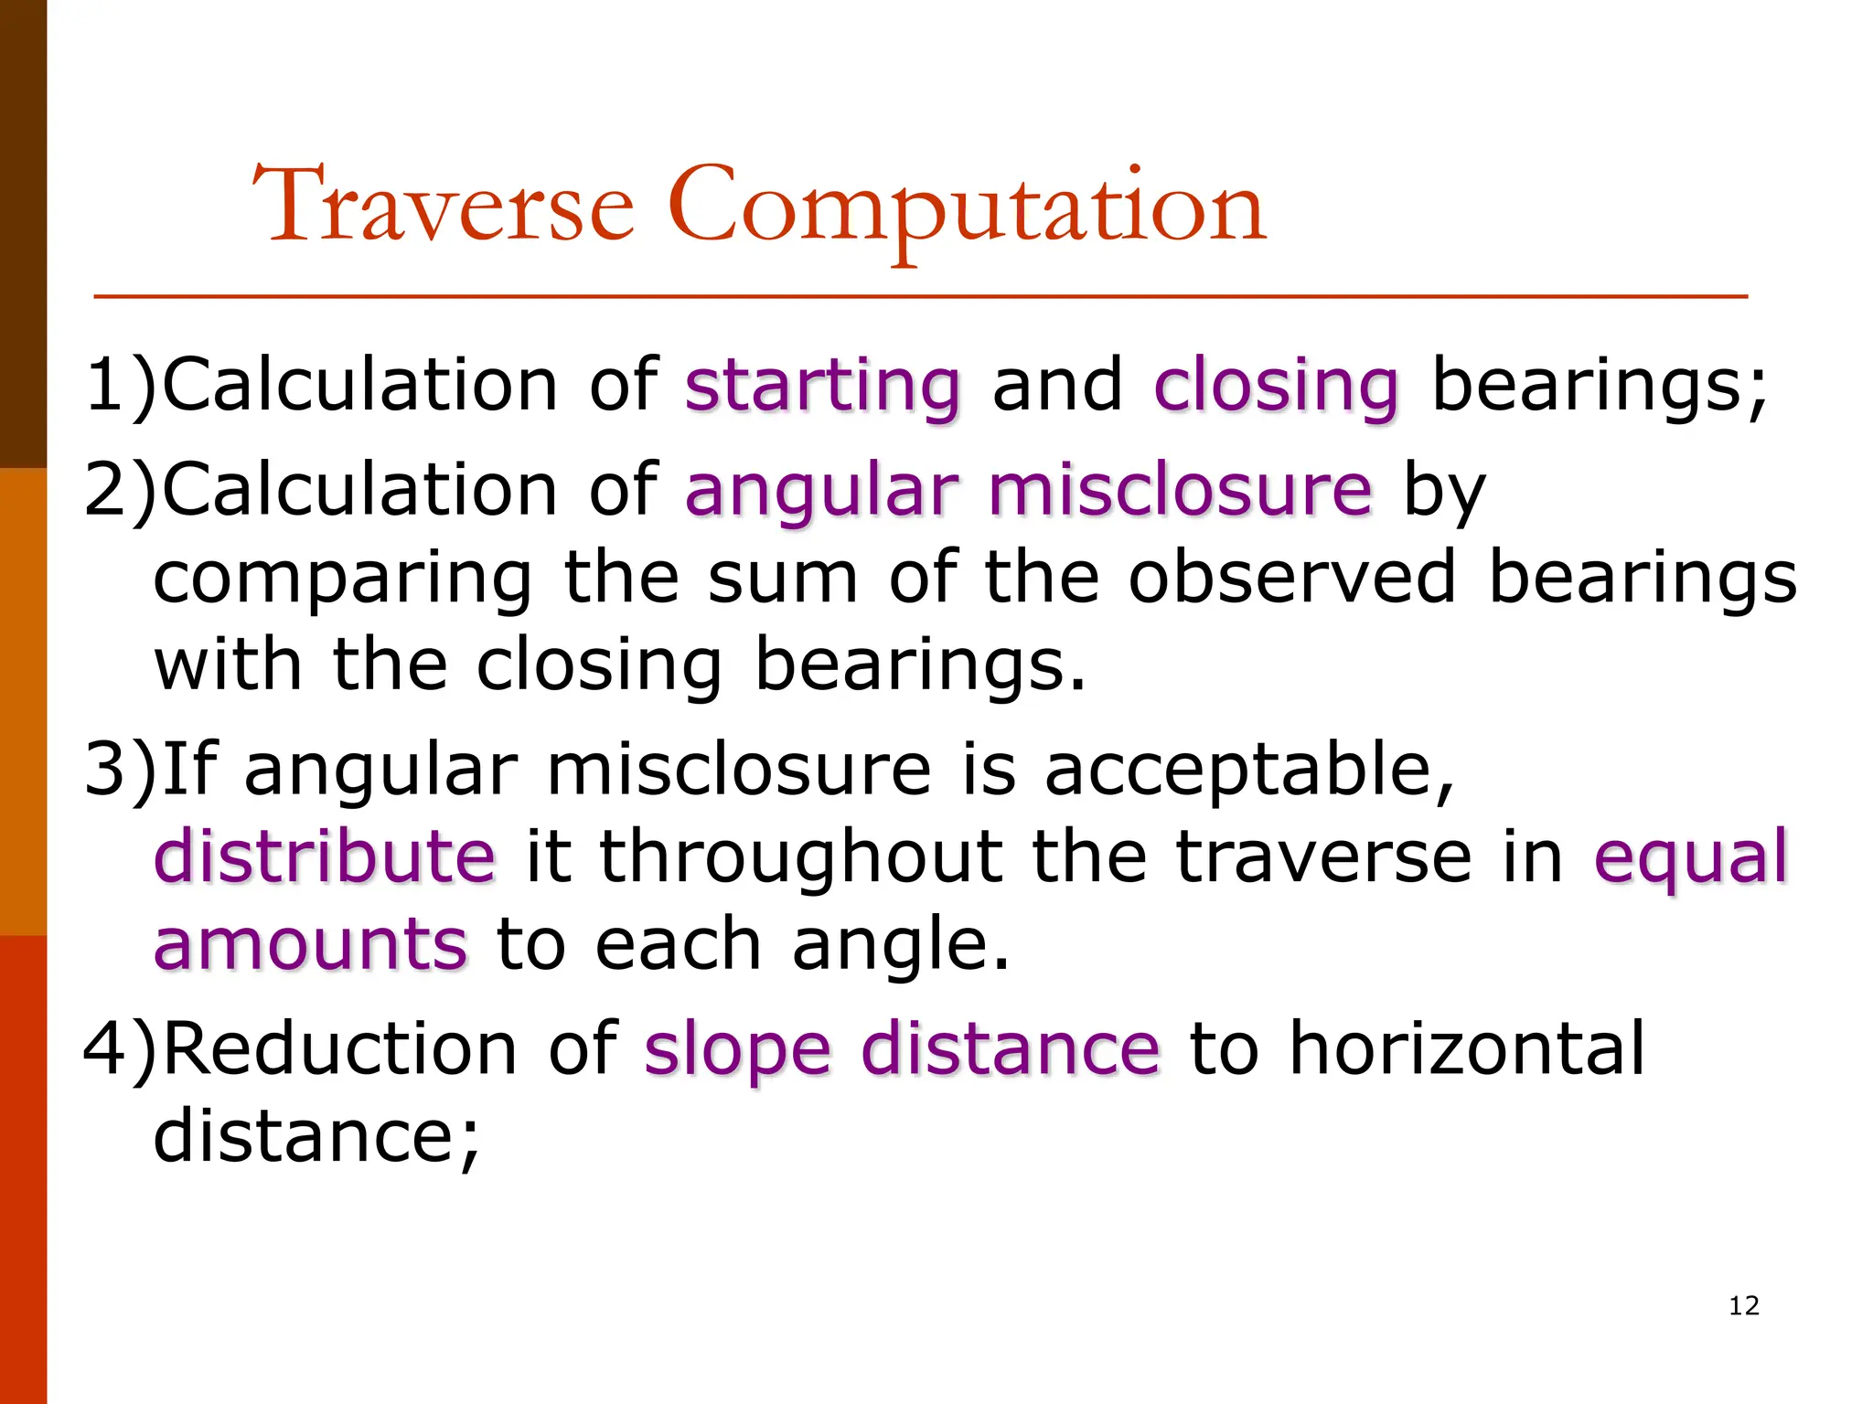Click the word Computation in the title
coord(966,208)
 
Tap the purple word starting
coord(822,388)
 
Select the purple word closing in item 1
coord(1276,388)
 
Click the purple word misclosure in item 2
coord(1180,490)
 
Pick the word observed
coord(1291,578)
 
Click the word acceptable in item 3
coord(1249,771)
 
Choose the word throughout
coord(800,858)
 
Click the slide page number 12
coord(1744,1305)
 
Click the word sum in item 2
coord(783,580)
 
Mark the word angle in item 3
coord(900,947)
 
